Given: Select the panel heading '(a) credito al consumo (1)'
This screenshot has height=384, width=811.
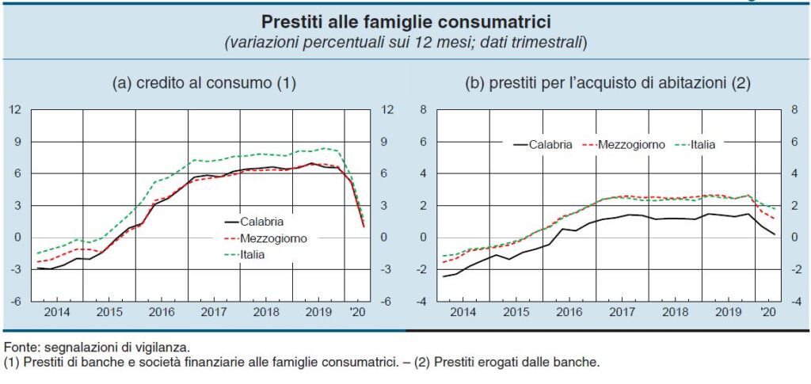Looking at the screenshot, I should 204,82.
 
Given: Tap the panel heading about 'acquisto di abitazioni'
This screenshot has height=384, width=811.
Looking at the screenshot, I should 607,82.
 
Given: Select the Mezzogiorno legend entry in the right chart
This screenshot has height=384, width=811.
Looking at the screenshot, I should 631,145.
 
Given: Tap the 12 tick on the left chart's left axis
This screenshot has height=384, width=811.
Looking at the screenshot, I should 15,110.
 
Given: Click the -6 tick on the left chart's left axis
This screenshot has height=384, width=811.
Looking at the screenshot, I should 15,302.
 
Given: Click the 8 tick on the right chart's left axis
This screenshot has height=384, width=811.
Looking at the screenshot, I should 423,110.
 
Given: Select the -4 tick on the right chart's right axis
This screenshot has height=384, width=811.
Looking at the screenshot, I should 793,302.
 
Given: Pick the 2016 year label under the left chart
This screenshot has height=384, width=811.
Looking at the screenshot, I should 162,312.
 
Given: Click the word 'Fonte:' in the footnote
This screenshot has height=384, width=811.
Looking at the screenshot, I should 20,346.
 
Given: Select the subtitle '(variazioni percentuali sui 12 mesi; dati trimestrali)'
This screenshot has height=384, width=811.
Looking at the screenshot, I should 405,41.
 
